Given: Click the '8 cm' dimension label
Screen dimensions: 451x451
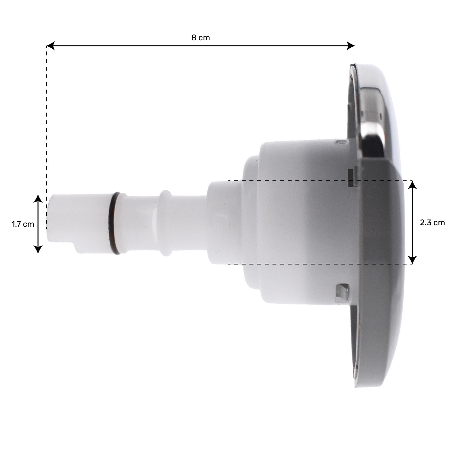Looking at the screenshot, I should pos(200,38).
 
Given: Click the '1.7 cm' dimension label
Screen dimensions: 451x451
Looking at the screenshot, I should pos(23,224).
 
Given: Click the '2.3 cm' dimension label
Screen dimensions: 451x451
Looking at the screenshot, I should pos(432,223).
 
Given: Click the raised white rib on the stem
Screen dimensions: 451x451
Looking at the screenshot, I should pos(166,223).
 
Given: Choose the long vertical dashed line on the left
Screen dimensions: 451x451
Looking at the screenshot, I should pos(46,129).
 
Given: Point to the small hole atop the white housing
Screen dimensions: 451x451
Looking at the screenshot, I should pos(338,142).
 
